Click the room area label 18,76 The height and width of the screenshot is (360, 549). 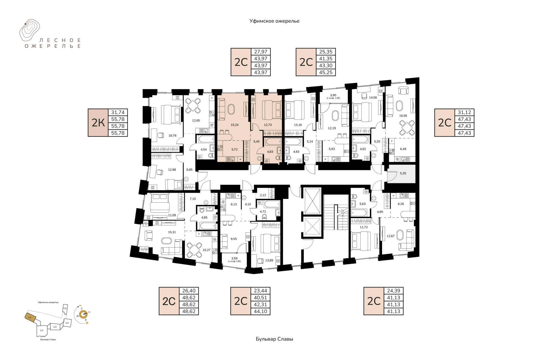(172, 136)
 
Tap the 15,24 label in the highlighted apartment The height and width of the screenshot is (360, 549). (234, 125)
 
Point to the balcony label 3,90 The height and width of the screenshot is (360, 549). (333, 95)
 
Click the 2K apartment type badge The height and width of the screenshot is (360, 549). (98, 123)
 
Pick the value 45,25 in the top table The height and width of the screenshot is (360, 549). (326, 72)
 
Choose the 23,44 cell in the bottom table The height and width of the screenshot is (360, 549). (260, 291)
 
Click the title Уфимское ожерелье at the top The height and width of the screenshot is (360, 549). (274, 21)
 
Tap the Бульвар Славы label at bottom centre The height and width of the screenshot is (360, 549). (274, 339)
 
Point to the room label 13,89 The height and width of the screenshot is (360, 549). (269, 260)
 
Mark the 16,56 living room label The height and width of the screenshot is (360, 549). (403, 116)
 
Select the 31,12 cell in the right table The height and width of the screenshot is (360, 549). (464, 112)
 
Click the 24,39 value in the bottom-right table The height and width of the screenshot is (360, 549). (393, 291)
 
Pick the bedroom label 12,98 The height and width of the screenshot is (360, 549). (172, 170)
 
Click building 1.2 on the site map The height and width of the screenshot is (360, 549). (42, 331)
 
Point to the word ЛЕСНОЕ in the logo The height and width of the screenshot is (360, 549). (60, 40)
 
